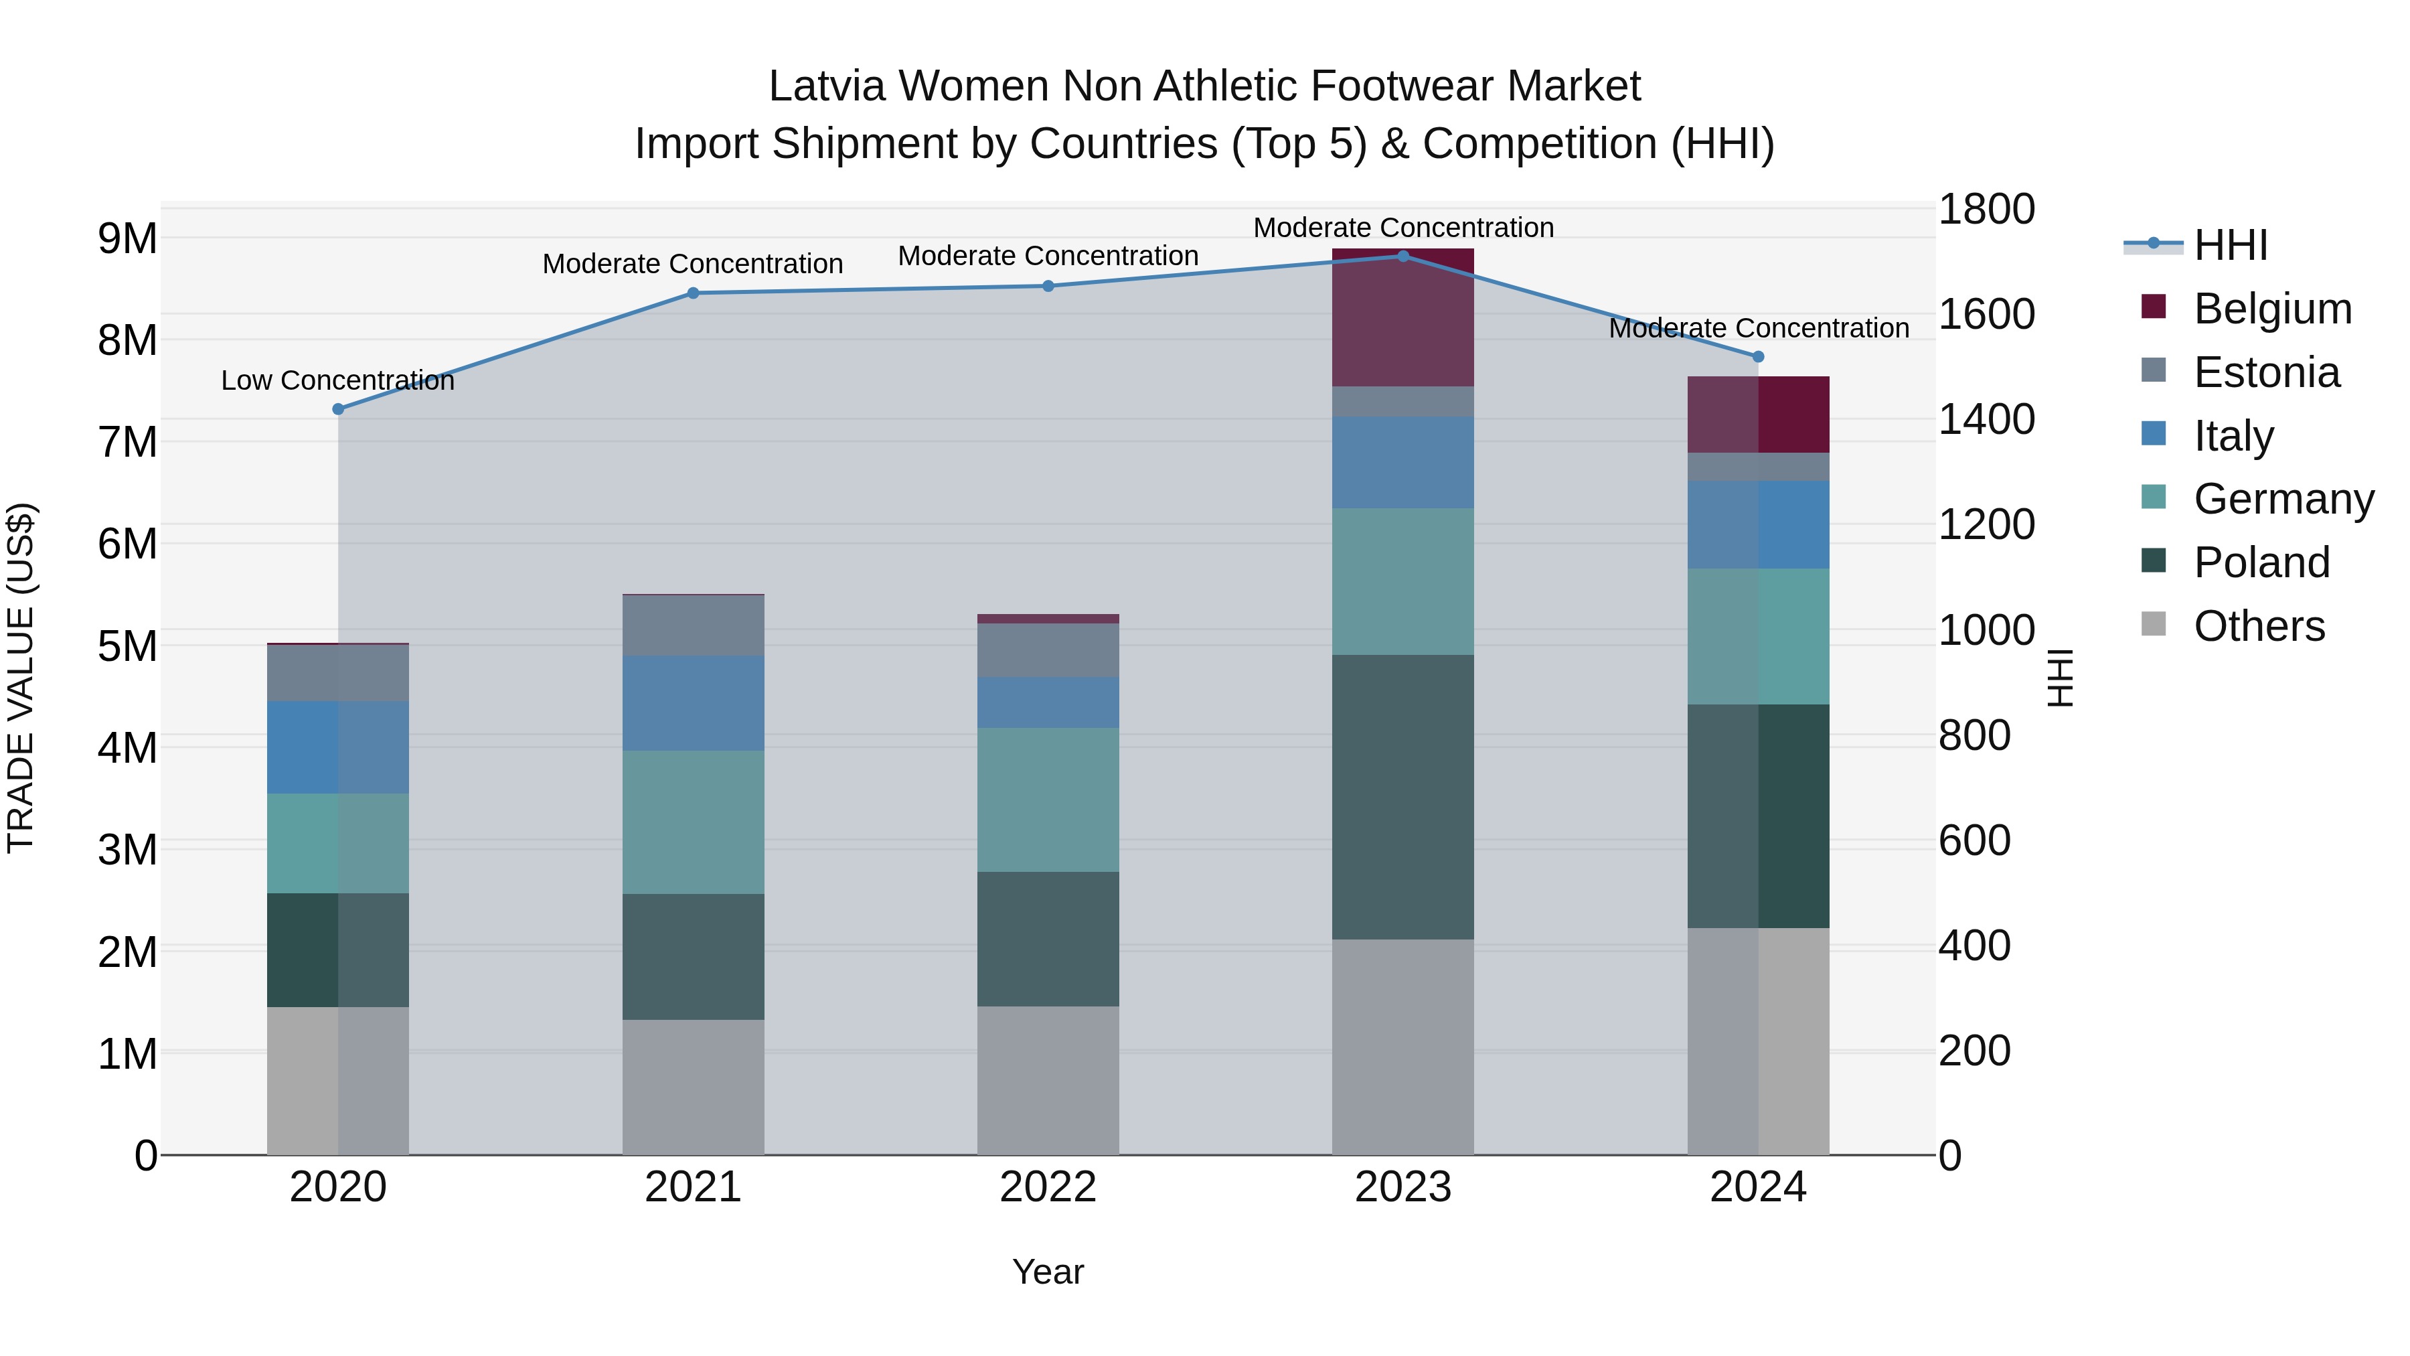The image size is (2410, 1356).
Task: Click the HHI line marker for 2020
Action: click(x=339, y=409)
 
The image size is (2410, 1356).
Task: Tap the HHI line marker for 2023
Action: click(x=1402, y=256)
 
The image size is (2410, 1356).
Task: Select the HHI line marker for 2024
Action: click(x=1758, y=356)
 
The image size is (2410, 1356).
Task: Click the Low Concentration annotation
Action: click(x=338, y=381)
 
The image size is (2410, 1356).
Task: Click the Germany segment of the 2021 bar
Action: click(x=694, y=822)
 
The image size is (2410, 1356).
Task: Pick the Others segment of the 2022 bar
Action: click(x=1048, y=1080)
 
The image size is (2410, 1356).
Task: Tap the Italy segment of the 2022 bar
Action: click(x=1048, y=703)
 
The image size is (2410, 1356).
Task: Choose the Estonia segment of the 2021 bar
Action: click(x=694, y=625)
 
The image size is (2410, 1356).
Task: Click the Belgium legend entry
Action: click(x=2271, y=309)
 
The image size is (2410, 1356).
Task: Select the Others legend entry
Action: click(x=2259, y=626)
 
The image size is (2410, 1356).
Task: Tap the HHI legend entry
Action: click(x=2231, y=245)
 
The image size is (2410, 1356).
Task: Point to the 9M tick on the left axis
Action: click(x=128, y=238)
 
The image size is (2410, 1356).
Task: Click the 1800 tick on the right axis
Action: click(x=1986, y=209)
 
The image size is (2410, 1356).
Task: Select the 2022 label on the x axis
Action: click(x=1048, y=1187)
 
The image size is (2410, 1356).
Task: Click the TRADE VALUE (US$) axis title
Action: click(x=21, y=678)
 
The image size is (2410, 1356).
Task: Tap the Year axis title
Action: click(x=1048, y=1272)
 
